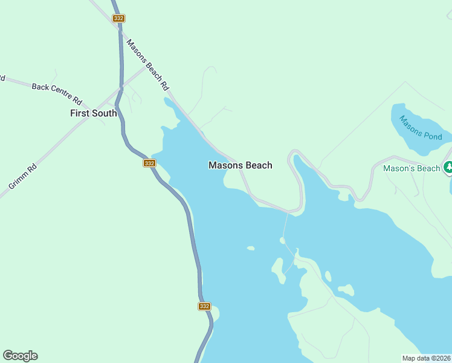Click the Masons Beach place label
click(x=240, y=165)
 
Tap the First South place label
click(x=93, y=113)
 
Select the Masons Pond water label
click(x=421, y=128)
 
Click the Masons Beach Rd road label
click(x=147, y=65)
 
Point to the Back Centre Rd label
click(x=57, y=95)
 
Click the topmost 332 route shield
click(x=118, y=18)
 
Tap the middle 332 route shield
click(x=150, y=163)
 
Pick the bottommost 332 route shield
click(x=204, y=306)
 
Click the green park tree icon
click(x=448, y=167)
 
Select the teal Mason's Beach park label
click(x=412, y=168)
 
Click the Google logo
click(x=20, y=356)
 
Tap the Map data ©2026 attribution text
click(x=426, y=358)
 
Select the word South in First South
click(x=104, y=113)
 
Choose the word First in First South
click(x=80, y=113)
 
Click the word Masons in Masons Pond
click(x=411, y=123)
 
